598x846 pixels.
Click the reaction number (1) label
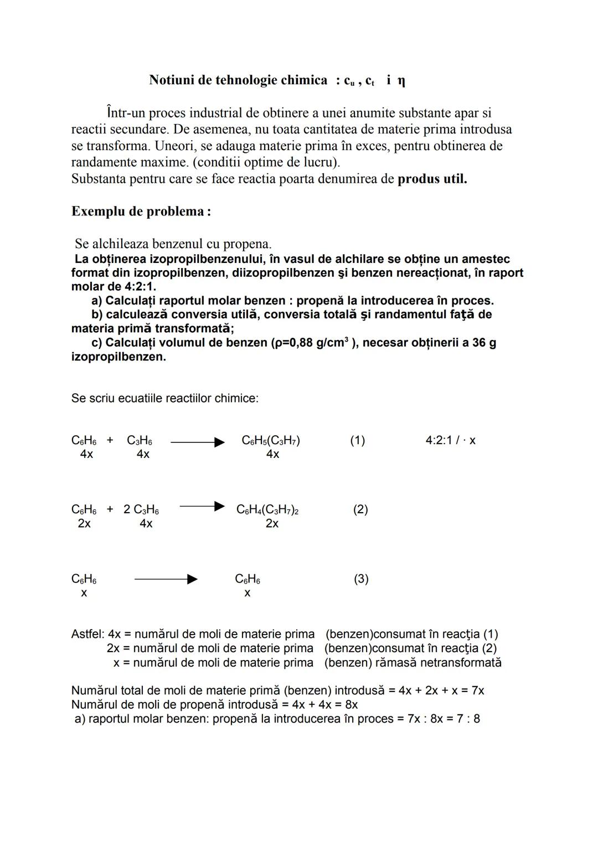(357, 440)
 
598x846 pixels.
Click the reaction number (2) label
(360, 509)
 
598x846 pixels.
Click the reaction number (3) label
(360, 579)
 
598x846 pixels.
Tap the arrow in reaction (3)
(166, 579)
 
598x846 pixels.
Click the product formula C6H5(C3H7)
(271, 440)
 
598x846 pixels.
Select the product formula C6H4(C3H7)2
(267, 509)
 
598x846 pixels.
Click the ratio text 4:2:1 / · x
(450, 440)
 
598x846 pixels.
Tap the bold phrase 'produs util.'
(432, 179)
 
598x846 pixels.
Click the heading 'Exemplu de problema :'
(141, 211)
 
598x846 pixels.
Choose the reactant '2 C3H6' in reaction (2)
(141, 509)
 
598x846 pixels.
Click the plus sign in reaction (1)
(110, 440)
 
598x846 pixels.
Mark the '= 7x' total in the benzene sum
(473, 690)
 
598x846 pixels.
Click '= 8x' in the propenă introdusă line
(347, 705)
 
